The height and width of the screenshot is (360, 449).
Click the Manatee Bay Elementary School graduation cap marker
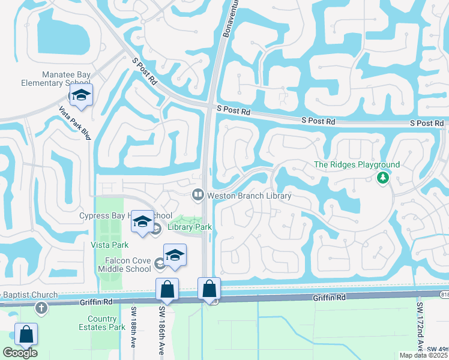[81, 95]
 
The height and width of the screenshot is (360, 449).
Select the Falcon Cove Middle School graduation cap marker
[175, 255]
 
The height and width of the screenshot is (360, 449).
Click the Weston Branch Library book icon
[197, 195]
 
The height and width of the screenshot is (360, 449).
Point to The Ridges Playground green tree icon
[382, 178]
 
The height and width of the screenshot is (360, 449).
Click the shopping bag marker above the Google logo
[26, 335]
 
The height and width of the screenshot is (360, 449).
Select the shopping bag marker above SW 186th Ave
[167, 290]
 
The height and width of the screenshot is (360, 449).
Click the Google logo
[20, 353]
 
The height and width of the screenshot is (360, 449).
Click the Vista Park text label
[109, 245]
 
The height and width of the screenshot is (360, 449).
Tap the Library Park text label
[184, 227]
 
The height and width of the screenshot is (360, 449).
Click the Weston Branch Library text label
[249, 196]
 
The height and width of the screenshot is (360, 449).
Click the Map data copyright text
[423, 355]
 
